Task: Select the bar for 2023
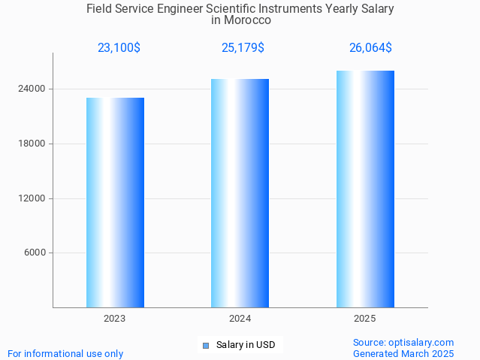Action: pyautogui.click(x=115, y=202)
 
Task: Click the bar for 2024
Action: pyautogui.click(x=240, y=193)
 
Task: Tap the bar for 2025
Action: pyautogui.click(x=365, y=189)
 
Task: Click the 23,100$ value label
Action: pyautogui.click(x=119, y=47)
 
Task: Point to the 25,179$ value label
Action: pyautogui.click(x=243, y=47)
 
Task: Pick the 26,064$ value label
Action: pyautogui.click(x=370, y=47)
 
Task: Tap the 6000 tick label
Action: pyautogui.click(x=35, y=253)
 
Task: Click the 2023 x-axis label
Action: pyautogui.click(x=115, y=319)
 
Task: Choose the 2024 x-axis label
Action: pyautogui.click(x=240, y=319)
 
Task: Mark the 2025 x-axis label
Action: pyautogui.click(x=365, y=319)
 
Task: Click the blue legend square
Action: pyautogui.click(x=205, y=346)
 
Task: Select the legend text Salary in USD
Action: pyautogui.click(x=246, y=346)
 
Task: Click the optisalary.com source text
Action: pyautogui.click(x=403, y=342)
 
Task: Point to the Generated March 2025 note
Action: pyautogui.click(x=403, y=353)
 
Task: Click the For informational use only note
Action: pyautogui.click(x=65, y=353)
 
